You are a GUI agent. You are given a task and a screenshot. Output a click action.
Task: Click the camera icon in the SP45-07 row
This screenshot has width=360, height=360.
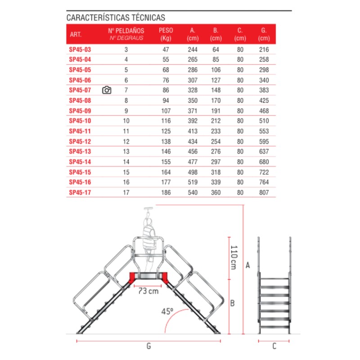107,90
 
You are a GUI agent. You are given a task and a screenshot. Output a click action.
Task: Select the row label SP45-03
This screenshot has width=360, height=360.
80,49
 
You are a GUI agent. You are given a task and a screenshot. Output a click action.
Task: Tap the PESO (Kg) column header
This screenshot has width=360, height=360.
166,34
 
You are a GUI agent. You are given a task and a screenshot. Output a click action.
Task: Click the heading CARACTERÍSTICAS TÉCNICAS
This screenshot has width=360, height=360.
116,18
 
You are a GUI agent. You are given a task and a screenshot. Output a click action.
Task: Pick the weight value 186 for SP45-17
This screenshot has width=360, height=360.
166,192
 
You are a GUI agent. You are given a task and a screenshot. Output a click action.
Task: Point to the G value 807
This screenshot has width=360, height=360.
264,192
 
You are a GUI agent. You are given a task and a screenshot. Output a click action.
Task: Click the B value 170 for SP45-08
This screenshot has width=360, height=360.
216,100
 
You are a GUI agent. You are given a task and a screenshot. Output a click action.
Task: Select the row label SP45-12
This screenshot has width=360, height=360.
80,141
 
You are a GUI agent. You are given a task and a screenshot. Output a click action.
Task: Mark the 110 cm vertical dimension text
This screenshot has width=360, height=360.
234,257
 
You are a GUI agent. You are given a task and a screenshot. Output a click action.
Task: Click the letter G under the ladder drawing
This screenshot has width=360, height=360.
148,346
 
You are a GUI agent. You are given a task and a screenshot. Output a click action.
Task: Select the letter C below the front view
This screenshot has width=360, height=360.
274,346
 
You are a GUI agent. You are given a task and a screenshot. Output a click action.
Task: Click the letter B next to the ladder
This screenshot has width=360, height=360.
232,303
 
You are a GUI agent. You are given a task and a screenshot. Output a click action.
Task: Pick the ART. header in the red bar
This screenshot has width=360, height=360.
75,34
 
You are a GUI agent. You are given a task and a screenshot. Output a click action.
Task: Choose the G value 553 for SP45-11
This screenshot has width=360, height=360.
264,131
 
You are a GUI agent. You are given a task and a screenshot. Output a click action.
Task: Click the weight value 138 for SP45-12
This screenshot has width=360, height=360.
166,141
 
